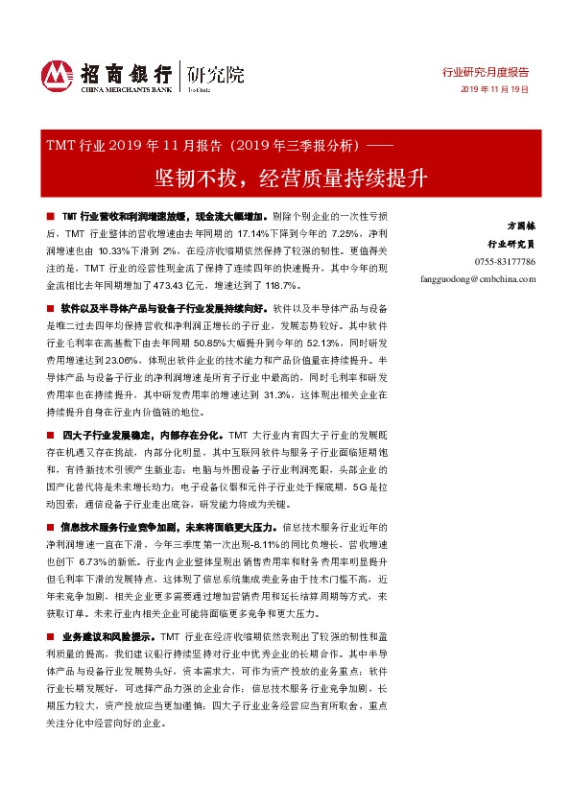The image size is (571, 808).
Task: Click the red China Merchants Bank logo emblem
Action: pyautogui.click(x=57, y=75)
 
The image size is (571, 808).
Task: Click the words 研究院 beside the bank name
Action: pyautogui.click(x=216, y=73)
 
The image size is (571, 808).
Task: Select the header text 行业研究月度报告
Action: pyautogui.click(x=491, y=72)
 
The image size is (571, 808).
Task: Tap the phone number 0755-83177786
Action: pyautogui.click(x=504, y=262)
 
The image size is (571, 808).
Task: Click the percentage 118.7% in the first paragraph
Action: pyautogui.click(x=286, y=286)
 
